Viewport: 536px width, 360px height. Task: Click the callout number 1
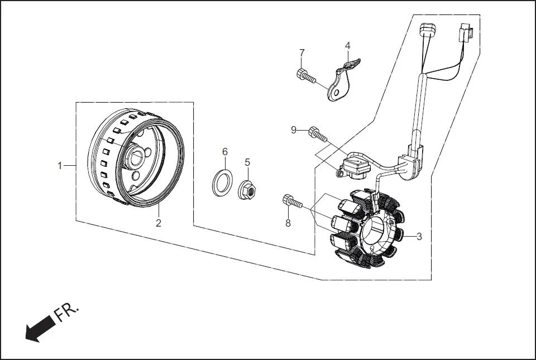[x=59, y=165]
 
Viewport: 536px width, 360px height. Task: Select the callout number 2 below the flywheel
[x=159, y=223]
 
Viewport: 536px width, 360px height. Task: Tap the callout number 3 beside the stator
[x=419, y=236]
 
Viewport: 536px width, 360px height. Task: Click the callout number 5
[x=247, y=162]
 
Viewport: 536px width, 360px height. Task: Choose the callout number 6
[x=225, y=152]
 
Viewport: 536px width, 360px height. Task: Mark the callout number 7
[x=302, y=52]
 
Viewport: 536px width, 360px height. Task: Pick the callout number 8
[x=288, y=223]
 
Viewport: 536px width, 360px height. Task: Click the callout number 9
[x=294, y=130]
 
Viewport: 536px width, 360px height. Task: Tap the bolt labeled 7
[x=307, y=76]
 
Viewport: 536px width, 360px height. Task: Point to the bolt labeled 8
[x=293, y=201]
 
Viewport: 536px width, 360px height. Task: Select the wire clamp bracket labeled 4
[x=342, y=83]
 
